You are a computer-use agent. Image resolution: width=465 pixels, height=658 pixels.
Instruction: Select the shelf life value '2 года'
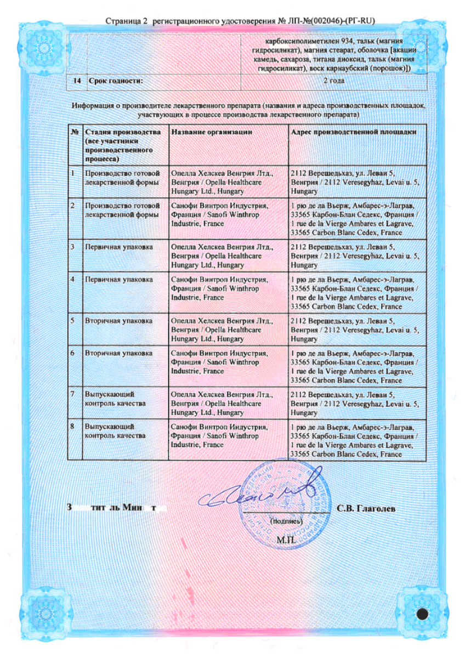coord(334,81)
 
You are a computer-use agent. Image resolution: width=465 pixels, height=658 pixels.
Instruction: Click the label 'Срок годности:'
coord(114,81)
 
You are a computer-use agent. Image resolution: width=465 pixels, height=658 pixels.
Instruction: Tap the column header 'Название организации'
coord(212,132)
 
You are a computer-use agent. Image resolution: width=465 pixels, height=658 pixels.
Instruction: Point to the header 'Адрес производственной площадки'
coord(354,132)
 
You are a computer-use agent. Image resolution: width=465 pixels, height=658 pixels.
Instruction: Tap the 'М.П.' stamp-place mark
coord(286,540)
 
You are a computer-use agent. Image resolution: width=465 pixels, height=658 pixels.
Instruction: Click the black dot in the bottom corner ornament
coord(422,614)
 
